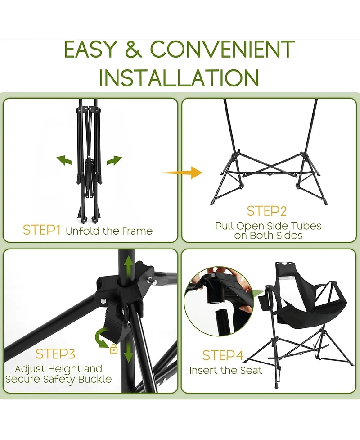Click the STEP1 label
click(41, 230)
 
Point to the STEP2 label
click(267, 211)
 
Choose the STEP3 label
click(55, 354)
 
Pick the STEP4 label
click(223, 355)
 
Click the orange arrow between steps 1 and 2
click(182, 172)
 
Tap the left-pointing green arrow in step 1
click(64, 160)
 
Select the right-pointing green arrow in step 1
click(114, 160)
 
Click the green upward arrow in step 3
click(129, 267)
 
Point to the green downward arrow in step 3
click(128, 351)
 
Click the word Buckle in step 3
click(95, 379)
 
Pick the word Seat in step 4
click(251, 370)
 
